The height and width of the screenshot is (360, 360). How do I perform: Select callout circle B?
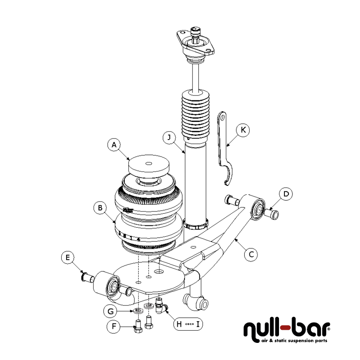(x=100, y=208)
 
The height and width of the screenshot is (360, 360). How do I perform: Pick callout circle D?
(x=286, y=194)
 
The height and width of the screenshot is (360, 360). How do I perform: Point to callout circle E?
(x=67, y=257)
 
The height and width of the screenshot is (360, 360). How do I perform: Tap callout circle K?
(x=243, y=130)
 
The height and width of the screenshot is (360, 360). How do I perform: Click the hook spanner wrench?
(x=223, y=148)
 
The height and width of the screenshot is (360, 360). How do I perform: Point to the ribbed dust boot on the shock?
(x=195, y=115)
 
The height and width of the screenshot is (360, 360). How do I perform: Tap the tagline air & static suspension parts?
(x=294, y=341)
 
